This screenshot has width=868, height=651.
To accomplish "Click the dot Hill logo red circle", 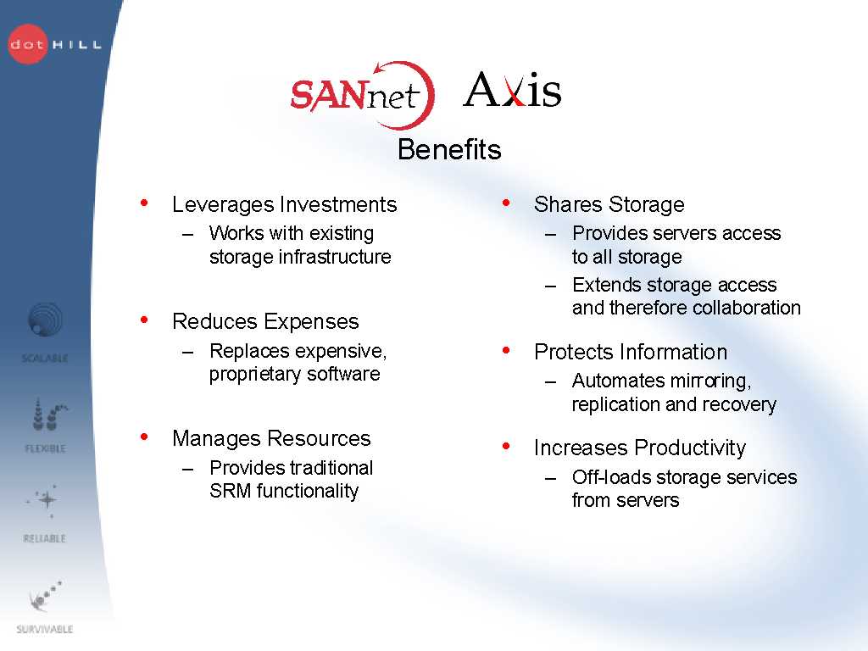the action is coord(28,44).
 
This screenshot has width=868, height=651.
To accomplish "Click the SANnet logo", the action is coord(363,95).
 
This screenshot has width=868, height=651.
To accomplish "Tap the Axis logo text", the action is coord(512,89).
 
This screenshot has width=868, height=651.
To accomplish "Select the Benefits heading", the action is coord(449,149).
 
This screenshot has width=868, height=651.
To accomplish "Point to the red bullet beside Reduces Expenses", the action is coord(144,320).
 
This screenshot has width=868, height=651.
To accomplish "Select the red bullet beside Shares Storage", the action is coord(506,203).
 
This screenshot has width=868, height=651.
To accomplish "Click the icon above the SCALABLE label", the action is coord(46,320).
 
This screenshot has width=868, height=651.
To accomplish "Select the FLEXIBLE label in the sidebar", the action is coord(46,448).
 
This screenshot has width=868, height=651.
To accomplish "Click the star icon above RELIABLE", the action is coord(47,500).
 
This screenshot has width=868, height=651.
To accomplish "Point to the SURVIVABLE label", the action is coord(45,629).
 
